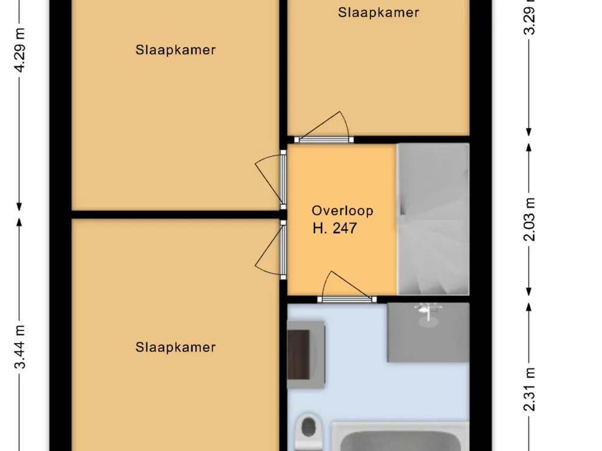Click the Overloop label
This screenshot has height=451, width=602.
[x=342, y=211]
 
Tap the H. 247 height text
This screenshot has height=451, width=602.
[x=335, y=228]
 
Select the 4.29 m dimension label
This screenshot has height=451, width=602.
[x=19, y=50]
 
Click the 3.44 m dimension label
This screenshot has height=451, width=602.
[x=19, y=346]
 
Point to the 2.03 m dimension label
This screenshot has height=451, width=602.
[x=529, y=220]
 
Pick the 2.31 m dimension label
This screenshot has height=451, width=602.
[x=529, y=389]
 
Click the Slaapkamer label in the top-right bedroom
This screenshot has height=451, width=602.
[x=378, y=12]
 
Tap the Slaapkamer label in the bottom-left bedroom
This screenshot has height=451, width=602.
[x=175, y=347]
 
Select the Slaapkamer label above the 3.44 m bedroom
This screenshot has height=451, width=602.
[x=175, y=50]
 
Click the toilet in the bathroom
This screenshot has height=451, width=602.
[x=308, y=431]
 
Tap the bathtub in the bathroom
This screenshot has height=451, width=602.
[x=400, y=437]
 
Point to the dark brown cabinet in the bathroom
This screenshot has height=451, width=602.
[x=299, y=354]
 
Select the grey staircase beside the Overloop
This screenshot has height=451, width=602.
[x=433, y=220]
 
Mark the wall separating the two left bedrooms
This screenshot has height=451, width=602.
[x=175, y=214]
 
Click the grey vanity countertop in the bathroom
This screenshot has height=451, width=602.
[x=428, y=332]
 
